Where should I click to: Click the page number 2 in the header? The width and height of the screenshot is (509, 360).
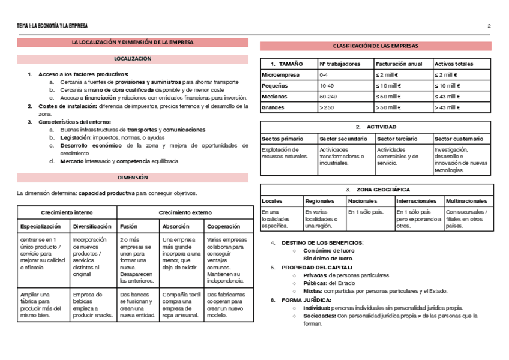click(x=489, y=26)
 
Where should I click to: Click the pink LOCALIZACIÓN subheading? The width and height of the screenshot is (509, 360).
click(x=133, y=59)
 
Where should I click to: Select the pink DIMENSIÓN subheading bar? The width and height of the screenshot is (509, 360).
click(x=133, y=178)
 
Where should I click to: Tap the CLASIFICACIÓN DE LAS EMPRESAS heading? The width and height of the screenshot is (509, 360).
click(x=375, y=46)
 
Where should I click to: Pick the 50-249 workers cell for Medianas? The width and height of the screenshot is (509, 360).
click(x=328, y=96)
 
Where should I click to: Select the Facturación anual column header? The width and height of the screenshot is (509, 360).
click(x=399, y=64)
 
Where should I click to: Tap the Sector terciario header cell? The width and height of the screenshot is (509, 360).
click(x=397, y=139)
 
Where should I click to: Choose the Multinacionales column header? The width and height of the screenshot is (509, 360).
click(x=466, y=201)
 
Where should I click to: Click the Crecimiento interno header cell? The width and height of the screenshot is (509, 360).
click(x=67, y=212)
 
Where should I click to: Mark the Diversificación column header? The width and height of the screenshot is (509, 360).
click(x=92, y=227)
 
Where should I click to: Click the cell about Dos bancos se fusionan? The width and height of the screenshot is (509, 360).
click(x=137, y=305)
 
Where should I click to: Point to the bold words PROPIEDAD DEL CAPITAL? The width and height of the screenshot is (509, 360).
click(x=317, y=268)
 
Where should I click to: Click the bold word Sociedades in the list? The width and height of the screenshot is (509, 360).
click(x=319, y=316)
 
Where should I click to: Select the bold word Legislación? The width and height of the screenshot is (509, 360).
click(x=76, y=137)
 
